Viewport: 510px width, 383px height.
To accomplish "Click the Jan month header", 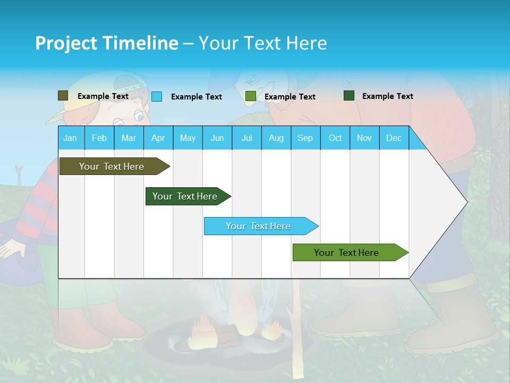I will coord(70,138).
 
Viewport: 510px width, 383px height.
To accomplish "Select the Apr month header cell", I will coord(158,138).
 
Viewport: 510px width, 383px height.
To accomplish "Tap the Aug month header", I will coord(276,138).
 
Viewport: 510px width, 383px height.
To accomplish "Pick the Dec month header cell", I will coord(394,138).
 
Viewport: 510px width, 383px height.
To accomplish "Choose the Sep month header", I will coord(305,138).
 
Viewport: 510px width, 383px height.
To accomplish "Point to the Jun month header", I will coord(217,138).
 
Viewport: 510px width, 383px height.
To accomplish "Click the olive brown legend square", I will coord(63,96).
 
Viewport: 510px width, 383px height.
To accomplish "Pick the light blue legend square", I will coord(157,96).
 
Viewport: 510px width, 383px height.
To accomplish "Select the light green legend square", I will coord(250,96).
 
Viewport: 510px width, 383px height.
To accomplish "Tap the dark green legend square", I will coord(349,96).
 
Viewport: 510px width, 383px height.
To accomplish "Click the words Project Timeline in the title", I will coord(106,43).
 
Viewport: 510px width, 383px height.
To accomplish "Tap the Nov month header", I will coord(364,138).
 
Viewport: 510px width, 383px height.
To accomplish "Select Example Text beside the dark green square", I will coord(387,96).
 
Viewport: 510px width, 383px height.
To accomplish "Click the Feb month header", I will coord(99,138).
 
